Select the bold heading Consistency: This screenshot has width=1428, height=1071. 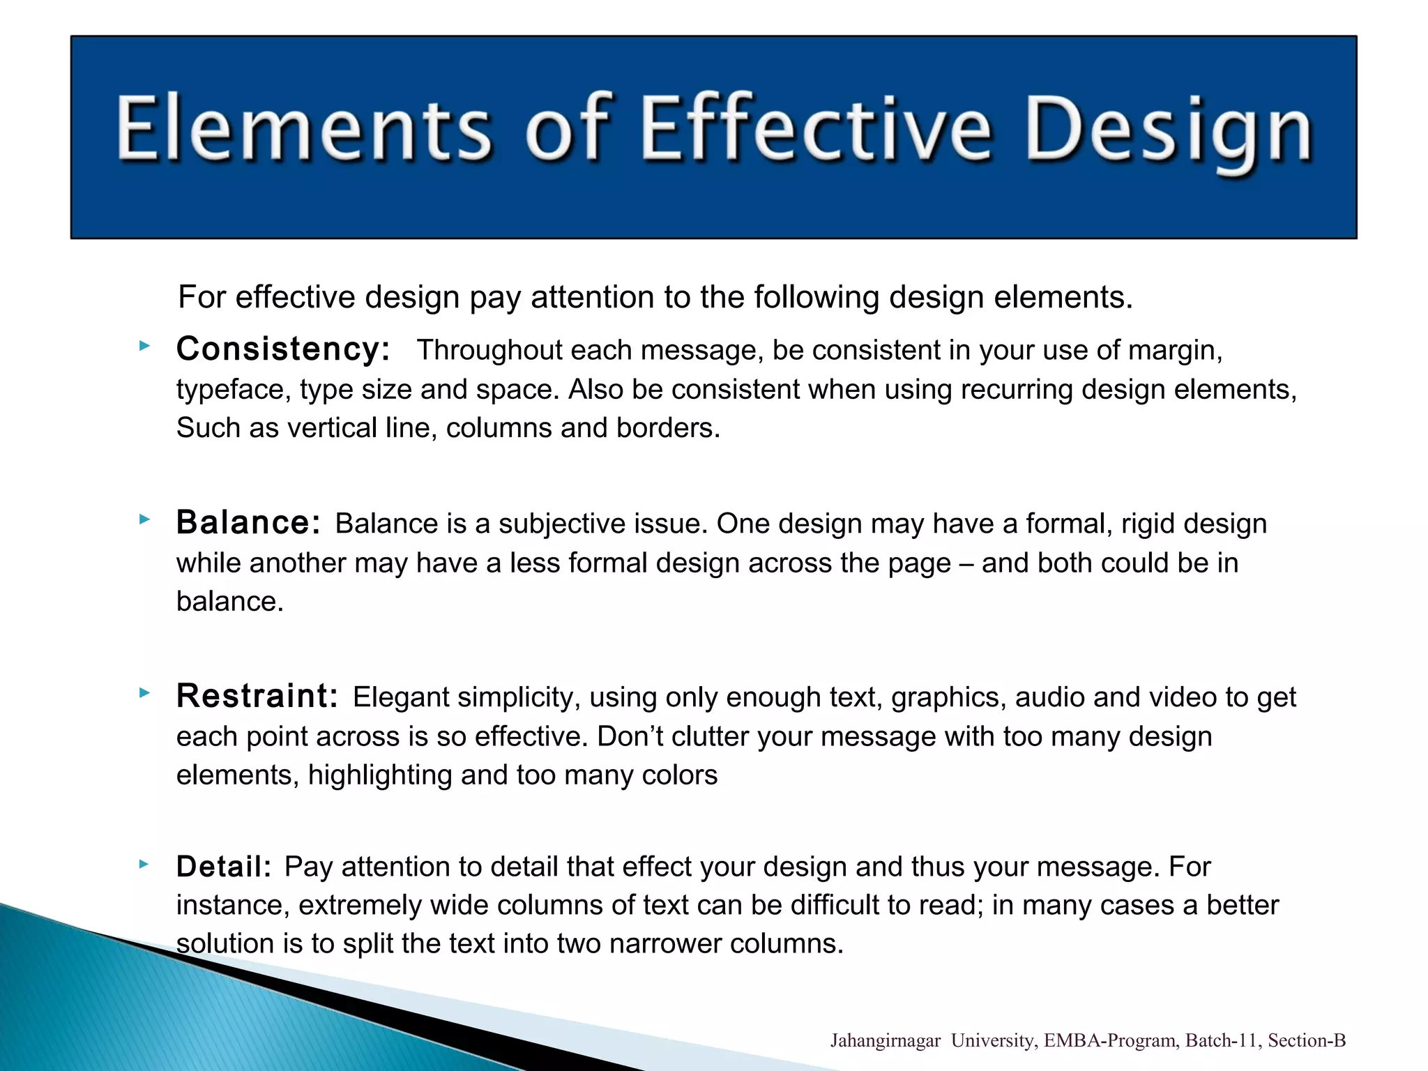tap(282, 349)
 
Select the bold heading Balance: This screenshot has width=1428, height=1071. tap(248, 522)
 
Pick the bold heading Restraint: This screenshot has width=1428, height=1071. tap(257, 696)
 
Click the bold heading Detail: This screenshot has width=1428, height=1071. tap(224, 867)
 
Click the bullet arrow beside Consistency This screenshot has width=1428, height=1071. tap(144, 345)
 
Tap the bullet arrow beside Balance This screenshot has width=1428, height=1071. tap(144, 519)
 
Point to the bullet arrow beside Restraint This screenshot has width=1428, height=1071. tap(144, 692)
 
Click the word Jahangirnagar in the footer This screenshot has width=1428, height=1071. tap(885, 1041)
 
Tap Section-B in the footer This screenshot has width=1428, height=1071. tap(1306, 1041)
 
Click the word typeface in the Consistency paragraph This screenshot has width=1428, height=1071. tap(233, 390)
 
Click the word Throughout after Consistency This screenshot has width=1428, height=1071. tap(489, 350)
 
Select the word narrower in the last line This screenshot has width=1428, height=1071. tap(664, 943)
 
